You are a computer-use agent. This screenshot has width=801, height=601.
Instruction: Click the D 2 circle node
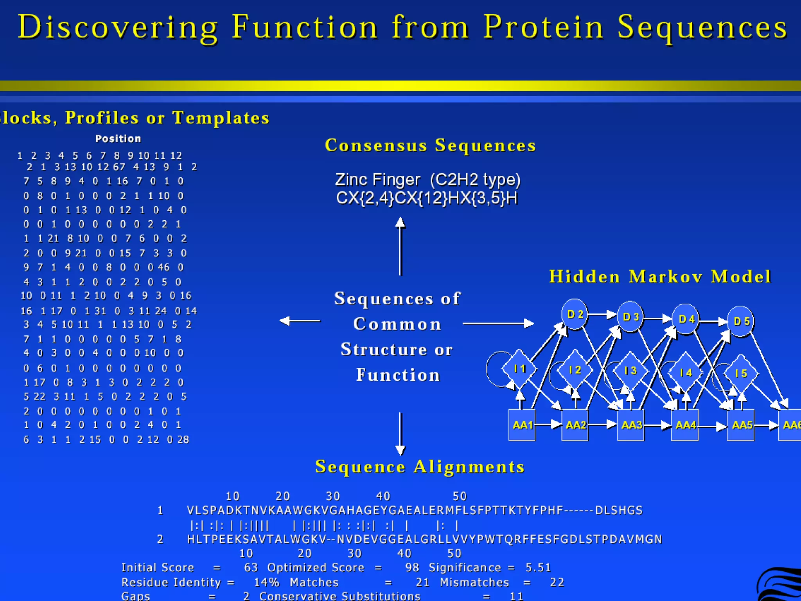tap(575, 314)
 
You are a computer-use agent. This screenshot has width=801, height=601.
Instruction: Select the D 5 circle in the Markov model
tap(740, 321)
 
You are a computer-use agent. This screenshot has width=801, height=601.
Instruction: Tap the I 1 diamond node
tap(519, 369)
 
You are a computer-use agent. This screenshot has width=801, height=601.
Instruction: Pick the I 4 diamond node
tap(685, 372)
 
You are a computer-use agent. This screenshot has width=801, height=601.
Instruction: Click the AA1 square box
tap(522, 425)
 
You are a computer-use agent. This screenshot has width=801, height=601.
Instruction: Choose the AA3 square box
tap(631, 425)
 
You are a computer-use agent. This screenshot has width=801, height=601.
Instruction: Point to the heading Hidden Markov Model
tap(660, 277)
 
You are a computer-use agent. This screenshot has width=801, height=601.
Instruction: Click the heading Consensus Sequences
tap(430, 145)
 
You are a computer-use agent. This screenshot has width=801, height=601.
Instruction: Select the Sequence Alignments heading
tap(420, 466)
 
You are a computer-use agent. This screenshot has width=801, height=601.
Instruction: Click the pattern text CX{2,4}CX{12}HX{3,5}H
tap(427, 198)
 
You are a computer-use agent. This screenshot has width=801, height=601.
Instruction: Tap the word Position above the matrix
tap(118, 139)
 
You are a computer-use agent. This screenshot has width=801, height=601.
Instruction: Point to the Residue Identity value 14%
tap(266, 582)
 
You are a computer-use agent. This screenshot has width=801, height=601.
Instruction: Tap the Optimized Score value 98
tap(412, 567)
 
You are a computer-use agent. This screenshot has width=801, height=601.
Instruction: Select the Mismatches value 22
tap(557, 582)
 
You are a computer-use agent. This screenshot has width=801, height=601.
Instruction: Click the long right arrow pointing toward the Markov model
tap(498, 323)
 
